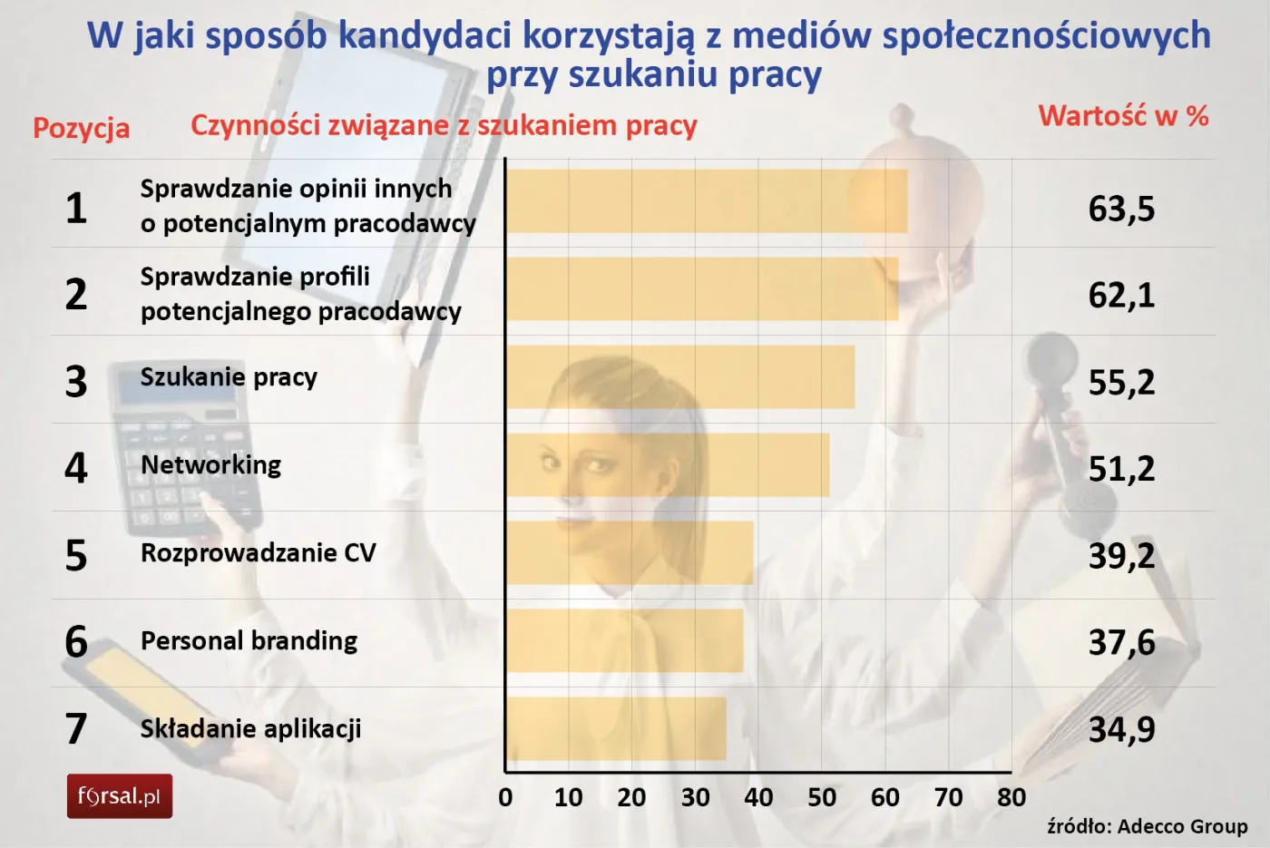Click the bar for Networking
[x=668, y=465]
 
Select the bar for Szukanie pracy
[x=680, y=377]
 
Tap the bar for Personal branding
[x=625, y=641]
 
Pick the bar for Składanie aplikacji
[x=616, y=728]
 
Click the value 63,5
[x=1121, y=209]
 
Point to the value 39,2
[x=1121, y=556]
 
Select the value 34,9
[x=1121, y=729]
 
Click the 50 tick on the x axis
[x=822, y=797]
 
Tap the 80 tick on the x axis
[x=1011, y=797]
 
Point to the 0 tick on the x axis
[x=505, y=797]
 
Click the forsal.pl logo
[x=120, y=796]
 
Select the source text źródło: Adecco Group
[x=1147, y=826]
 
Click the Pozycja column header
[x=82, y=128]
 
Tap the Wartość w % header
[x=1123, y=116]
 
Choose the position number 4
[x=76, y=468]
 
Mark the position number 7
[x=76, y=729]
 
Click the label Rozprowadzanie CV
[x=258, y=553]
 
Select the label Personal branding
[x=249, y=641]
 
